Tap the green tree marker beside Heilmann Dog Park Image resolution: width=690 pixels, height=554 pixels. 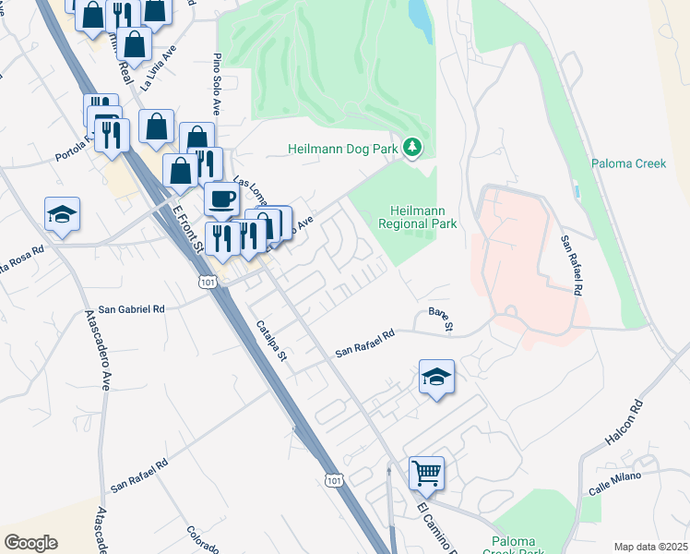tap(413, 147)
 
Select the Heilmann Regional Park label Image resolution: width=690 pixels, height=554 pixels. tap(418, 217)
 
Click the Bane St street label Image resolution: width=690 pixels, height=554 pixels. tap(442, 319)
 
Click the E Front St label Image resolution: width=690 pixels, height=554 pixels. tap(186, 228)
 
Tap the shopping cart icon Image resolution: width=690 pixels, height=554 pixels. tap(426, 473)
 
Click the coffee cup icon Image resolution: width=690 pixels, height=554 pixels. tap(221, 199)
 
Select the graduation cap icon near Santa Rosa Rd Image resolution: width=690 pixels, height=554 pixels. tap(63, 214)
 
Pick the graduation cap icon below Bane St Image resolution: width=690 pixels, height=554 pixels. tap(436, 377)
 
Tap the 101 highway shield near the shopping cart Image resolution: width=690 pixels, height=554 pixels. tap(333, 479)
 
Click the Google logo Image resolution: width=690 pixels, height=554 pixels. tap(30, 543)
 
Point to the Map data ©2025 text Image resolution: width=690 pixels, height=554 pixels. tap(649, 547)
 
